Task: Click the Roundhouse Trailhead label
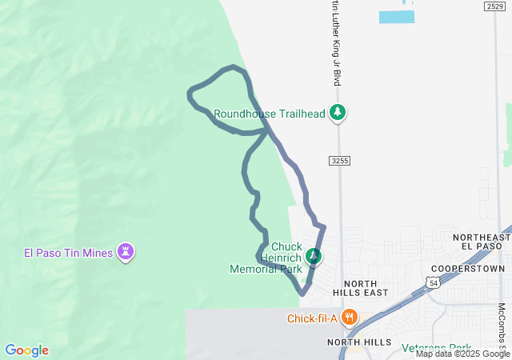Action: [x=269, y=114]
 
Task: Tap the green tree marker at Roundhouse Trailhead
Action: [x=338, y=113]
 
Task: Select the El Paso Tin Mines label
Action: [x=68, y=253]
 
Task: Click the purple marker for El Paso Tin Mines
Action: [x=126, y=252]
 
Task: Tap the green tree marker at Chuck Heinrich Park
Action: [x=314, y=256]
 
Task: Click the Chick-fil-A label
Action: [x=312, y=318]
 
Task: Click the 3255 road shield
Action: [x=340, y=161]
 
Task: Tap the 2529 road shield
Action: [x=494, y=6]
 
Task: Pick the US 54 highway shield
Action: [x=432, y=282]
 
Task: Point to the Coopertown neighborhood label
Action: [x=468, y=268]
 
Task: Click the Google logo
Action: [x=27, y=350]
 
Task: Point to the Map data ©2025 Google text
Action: [x=462, y=354]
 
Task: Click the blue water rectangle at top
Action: [x=397, y=16]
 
